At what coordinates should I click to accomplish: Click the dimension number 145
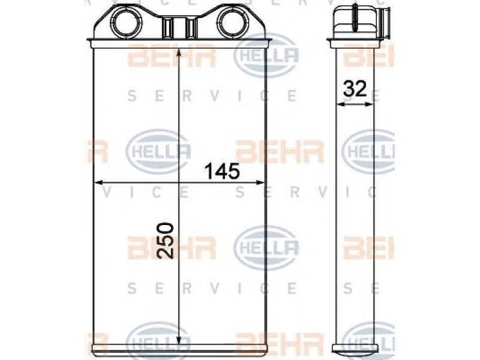click(222, 172)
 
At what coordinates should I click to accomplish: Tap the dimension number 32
click(355, 89)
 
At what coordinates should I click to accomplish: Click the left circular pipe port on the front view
click(125, 22)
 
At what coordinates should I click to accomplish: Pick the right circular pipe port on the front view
click(233, 22)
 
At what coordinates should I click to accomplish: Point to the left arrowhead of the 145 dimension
click(98, 183)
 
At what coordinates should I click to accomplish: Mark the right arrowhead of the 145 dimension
click(260, 183)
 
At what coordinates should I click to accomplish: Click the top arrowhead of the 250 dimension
click(179, 54)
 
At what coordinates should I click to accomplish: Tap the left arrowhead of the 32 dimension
click(340, 104)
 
